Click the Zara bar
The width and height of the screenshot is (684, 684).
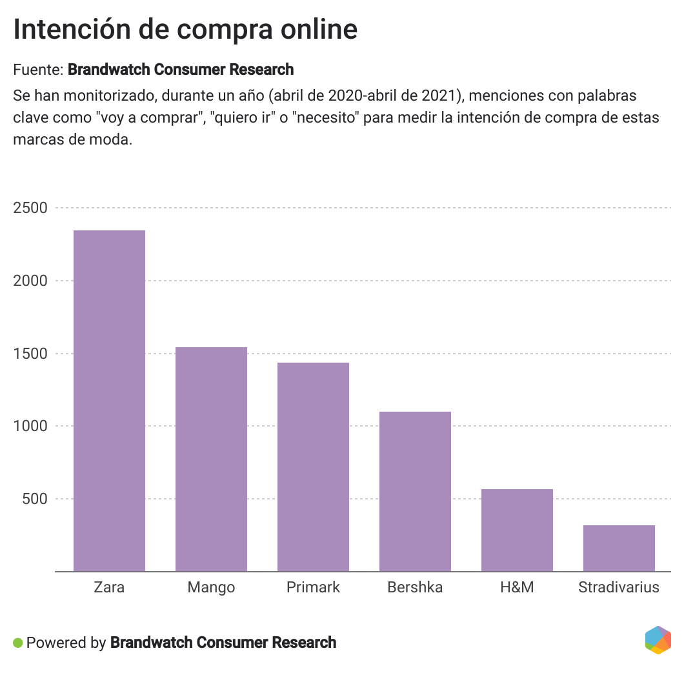pyautogui.click(x=109, y=401)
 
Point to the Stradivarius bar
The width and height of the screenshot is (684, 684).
pyautogui.click(x=619, y=548)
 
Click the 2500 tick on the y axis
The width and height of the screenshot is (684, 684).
pyautogui.click(x=30, y=208)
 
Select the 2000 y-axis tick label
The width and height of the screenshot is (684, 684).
pyautogui.click(x=30, y=281)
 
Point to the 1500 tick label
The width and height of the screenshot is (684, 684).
pyautogui.click(x=30, y=354)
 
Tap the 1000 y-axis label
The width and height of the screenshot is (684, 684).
pyautogui.click(x=30, y=426)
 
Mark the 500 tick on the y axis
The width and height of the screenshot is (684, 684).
pyautogui.click(x=35, y=499)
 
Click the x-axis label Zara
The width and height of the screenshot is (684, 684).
pyautogui.click(x=109, y=587)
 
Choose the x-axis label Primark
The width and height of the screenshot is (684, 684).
pyautogui.click(x=313, y=587)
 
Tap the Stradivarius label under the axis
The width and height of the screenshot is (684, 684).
pyautogui.click(x=619, y=587)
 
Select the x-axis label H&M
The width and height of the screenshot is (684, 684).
pyautogui.click(x=517, y=587)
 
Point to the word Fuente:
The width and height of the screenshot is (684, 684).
pyautogui.click(x=38, y=69)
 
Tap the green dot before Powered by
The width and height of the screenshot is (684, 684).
pyautogui.click(x=18, y=643)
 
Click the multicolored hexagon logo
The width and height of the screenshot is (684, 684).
pyautogui.click(x=658, y=640)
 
